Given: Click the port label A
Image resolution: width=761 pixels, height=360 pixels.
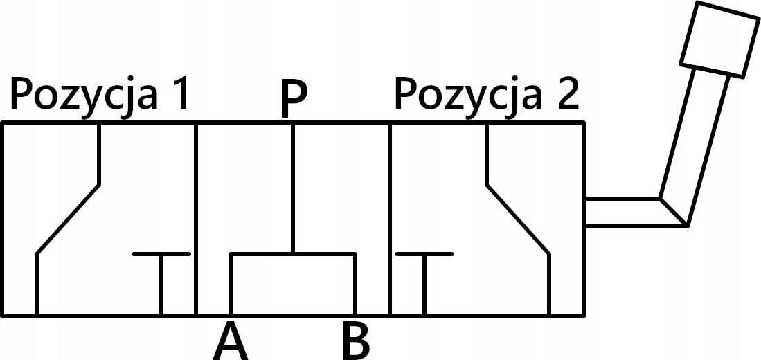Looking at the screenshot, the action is click(x=230, y=342).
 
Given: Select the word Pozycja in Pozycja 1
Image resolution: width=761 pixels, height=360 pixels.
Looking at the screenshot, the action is click(x=82, y=96).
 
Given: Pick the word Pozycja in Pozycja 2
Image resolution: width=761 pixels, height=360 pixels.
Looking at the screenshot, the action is click(x=467, y=96).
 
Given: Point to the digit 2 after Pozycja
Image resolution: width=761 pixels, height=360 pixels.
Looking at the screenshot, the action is click(x=566, y=95).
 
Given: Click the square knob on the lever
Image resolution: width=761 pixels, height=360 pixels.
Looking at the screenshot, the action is click(x=719, y=37).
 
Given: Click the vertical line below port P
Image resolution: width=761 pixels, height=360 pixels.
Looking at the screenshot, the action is click(x=294, y=187).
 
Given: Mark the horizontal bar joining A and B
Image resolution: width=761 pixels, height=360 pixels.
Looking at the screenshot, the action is click(x=293, y=254).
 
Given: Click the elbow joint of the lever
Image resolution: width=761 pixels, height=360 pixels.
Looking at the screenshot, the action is click(x=672, y=212).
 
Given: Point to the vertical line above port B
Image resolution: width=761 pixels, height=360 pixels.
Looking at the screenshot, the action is click(x=355, y=285).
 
